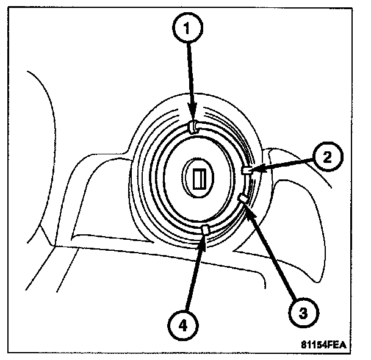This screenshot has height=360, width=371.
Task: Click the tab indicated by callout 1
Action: click(192, 126)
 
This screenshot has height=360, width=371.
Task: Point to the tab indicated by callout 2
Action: click(247, 171)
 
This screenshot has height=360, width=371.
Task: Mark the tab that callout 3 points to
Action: click(243, 198)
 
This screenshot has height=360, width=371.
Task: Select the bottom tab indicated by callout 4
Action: click(205, 229)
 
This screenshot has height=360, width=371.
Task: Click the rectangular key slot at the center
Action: click(198, 178)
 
